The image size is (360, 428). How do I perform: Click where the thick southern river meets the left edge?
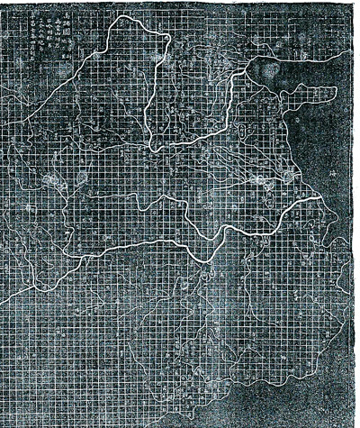coord(3,298)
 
